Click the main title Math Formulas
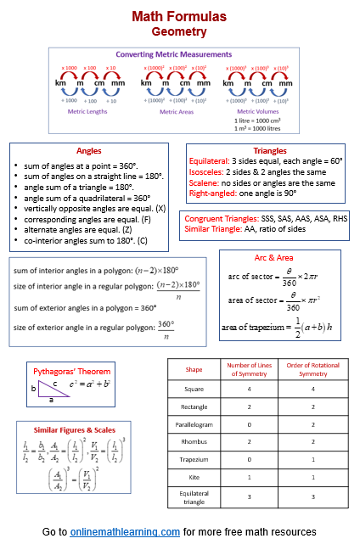pos(179,16)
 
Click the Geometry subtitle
pos(179,31)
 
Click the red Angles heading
pos(88,150)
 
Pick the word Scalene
pos(204,182)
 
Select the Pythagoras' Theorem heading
pos(71,371)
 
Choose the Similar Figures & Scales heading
pos(68,429)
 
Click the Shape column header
pos(194,370)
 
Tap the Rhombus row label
pos(194,440)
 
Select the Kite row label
pos(194,478)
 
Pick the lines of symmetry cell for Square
pos(250,389)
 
